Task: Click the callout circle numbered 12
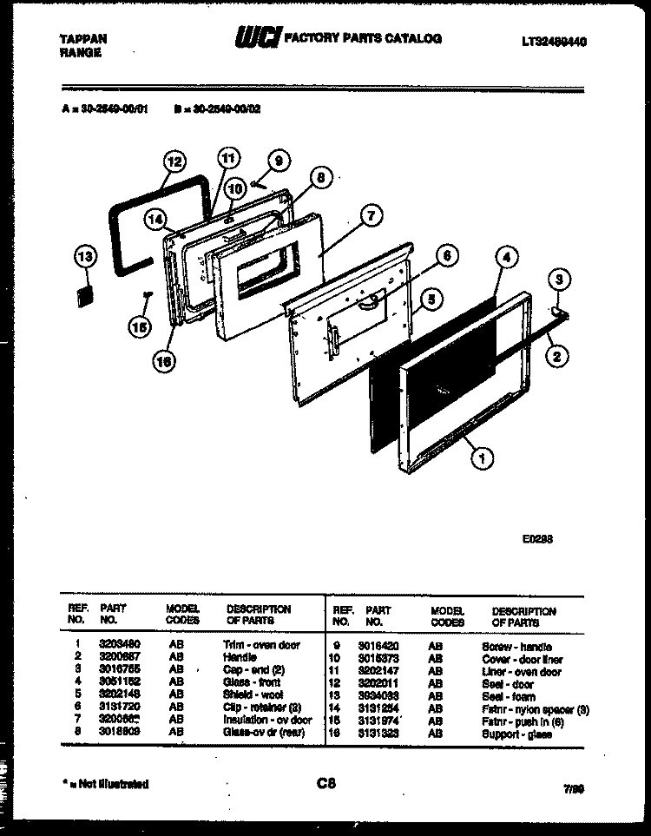tap(174, 161)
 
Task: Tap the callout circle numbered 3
tap(559, 280)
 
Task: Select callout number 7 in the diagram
tap(371, 217)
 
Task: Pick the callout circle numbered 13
tap(85, 256)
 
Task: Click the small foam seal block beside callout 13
tap(85, 294)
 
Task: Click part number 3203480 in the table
tap(117, 645)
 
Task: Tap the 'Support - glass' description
tap(517, 734)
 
